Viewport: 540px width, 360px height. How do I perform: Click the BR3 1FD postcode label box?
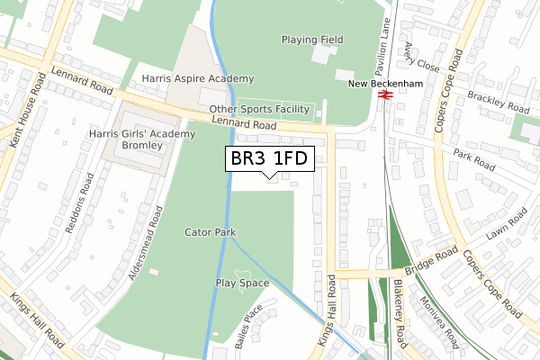[268, 158]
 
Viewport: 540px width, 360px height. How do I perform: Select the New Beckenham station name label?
[386, 84]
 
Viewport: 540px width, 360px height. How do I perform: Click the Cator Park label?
[210, 232]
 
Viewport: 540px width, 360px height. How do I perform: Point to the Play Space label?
[242, 283]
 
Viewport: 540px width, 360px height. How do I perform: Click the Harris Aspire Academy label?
[197, 79]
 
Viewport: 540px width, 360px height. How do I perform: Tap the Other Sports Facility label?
[259, 110]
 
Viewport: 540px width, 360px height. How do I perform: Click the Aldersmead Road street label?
[145, 243]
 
